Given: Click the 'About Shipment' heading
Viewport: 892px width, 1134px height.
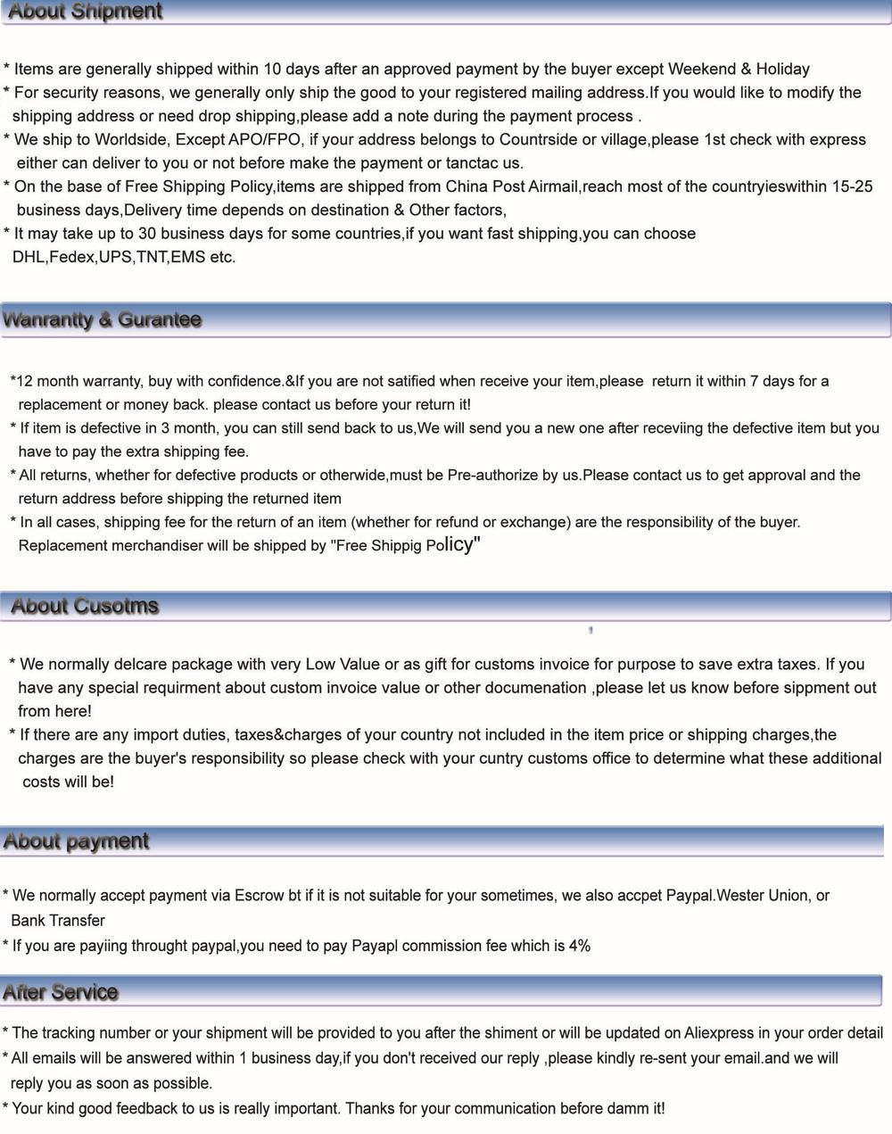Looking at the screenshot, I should click(85, 12).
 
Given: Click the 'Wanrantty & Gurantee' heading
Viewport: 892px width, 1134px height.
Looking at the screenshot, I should click(102, 319).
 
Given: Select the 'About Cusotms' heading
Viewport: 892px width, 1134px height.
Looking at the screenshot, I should click(85, 606).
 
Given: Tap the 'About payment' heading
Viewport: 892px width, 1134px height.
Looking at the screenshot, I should click(76, 841).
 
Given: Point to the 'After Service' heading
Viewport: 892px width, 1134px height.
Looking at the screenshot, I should click(61, 992).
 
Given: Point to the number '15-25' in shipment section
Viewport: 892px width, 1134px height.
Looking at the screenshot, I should click(852, 187).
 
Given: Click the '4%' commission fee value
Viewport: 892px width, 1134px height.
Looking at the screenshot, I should click(579, 946).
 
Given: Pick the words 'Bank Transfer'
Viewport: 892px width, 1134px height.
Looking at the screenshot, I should click(58, 921).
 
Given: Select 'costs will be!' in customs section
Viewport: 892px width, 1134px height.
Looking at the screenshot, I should click(69, 782).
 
